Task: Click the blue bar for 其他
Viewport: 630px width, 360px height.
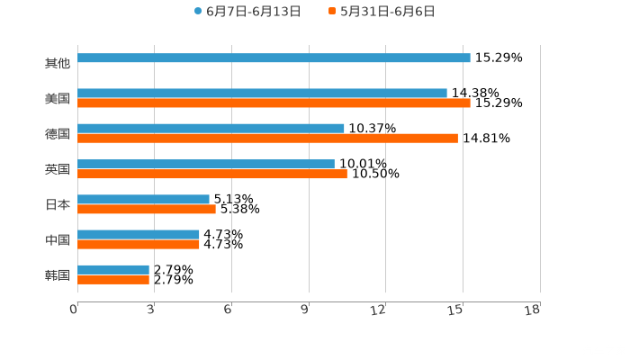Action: [x=274, y=58]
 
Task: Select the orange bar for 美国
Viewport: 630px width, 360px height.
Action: [x=274, y=103]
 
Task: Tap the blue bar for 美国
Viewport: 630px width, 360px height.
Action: [x=262, y=94]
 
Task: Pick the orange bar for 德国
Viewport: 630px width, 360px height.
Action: [x=267, y=139]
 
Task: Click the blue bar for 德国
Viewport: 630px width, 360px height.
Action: [x=211, y=129]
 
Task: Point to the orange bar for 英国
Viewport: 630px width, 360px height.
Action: [x=212, y=174]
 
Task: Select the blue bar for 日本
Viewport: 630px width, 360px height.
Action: [x=143, y=199]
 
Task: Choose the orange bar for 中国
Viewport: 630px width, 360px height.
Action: [x=139, y=244]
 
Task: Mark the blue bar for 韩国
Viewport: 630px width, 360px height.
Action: [x=113, y=269]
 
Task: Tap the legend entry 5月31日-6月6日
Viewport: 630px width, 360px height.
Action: [x=387, y=12]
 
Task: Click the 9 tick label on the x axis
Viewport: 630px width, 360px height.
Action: [x=305, y=310]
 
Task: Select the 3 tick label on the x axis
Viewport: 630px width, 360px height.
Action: [x=150, y=310]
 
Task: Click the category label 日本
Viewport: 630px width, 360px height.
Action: [x=58, y=204]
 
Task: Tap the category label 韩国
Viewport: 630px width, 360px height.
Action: [x=58, y=274]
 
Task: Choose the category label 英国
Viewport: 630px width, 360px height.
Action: [x=58, y=169]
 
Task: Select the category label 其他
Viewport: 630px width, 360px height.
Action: [x=58, y=63]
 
